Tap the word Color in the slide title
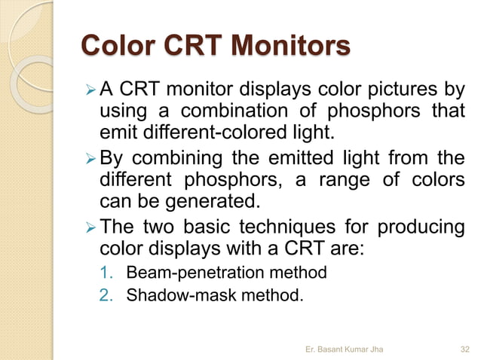pyautogui.click(x=115, y=46)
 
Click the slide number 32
pyautogui.click(x=465, y=348)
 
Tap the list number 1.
pyautogui.click(x=106, y=271)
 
